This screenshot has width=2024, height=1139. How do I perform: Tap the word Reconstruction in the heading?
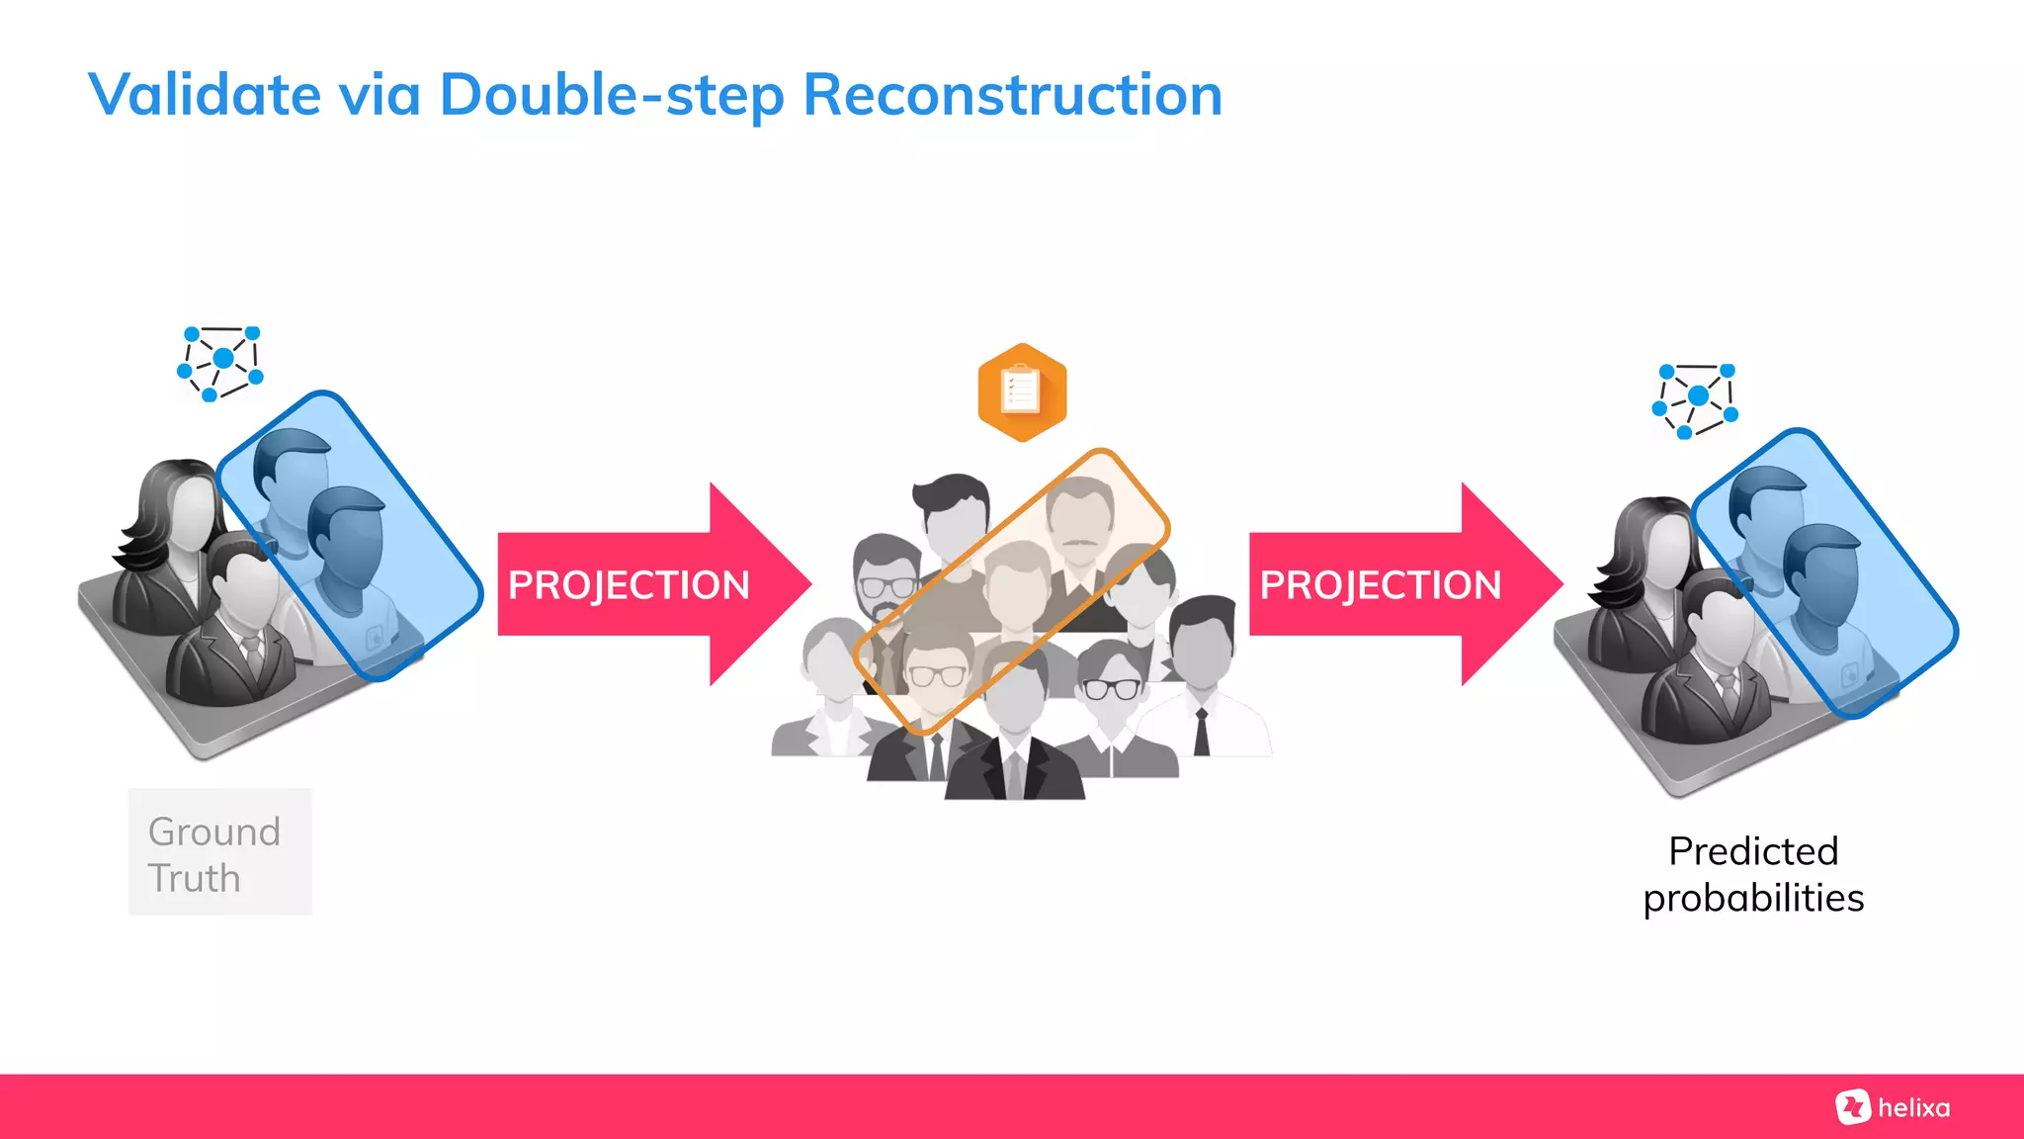pos(1012,96)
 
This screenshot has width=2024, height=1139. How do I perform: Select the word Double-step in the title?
pos(612,96)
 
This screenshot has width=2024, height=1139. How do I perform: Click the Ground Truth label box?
pos(219,852)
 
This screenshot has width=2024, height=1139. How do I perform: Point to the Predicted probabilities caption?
pos(1753,874)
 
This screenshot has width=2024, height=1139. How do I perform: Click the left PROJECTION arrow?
pos(652,584)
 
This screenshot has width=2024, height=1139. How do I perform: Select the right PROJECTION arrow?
pos(1403,584)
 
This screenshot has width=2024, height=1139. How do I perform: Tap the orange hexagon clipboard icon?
pos(1022,392)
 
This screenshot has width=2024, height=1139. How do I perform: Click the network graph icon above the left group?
pos(221,362)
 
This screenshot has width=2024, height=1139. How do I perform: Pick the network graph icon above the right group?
pos(1696,399)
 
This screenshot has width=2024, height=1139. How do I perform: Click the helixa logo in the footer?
pos(1894,1107)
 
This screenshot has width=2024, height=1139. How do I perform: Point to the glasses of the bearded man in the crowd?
pos(887,585)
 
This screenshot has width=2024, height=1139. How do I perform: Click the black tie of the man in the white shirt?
pos(1202,732)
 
